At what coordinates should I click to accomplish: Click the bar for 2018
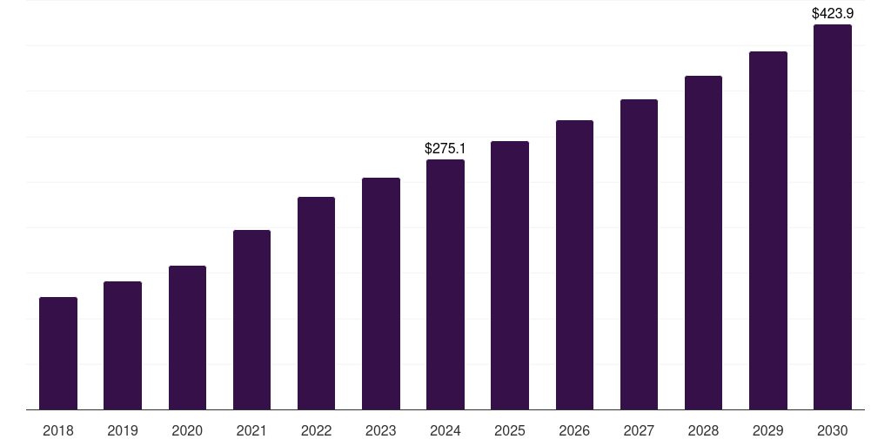pos(58,353)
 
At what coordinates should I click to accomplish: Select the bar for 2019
pos(123,345)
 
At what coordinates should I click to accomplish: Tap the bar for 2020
pos(187,337)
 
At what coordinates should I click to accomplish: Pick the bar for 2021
pos(251,320)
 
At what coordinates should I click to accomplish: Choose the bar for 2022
pos(316,303)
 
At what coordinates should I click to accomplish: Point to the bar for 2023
pos(381,294)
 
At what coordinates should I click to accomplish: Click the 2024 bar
pos(445,284)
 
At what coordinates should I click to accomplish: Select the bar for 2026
pos(574,265)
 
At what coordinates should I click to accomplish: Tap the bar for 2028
pos(703,242)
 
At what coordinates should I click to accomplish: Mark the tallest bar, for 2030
pos(833,217)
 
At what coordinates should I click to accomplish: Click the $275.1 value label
pos(445,149)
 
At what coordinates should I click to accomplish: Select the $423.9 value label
pos(833,13)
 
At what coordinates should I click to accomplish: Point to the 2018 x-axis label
pos(58,430)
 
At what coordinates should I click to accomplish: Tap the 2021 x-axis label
pos(251,430)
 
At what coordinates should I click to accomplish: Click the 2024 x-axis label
pos(445,430)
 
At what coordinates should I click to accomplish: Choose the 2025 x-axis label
pos(510,430)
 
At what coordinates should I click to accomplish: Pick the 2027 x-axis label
pos(639,430)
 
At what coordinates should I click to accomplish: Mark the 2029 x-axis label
pos(767,430)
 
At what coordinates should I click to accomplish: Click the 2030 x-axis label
pos(833,430)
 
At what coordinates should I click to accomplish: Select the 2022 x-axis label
pos(316,430)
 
